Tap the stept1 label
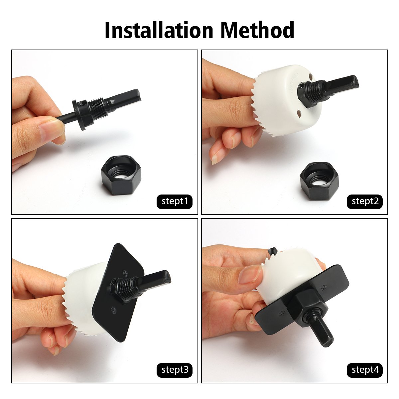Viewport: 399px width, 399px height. [x=175, y=201]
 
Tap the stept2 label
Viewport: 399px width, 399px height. [x=365, y=201]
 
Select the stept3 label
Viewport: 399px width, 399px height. [x=175, y=370]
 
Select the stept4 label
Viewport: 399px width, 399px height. [x=365, y=370]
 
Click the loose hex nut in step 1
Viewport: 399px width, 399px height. [x=121, y=175]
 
